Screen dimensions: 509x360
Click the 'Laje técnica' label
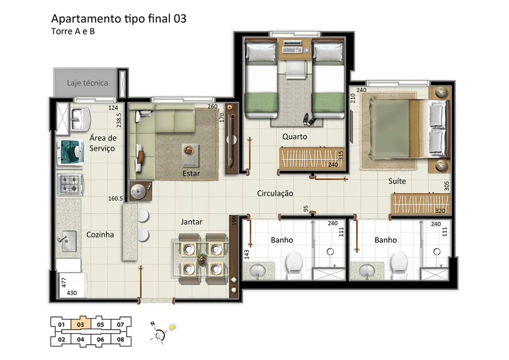click(x=87, y=83)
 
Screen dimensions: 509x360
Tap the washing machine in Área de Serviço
click(x=70, y=152)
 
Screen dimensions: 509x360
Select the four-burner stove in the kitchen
click(x=70, y=184)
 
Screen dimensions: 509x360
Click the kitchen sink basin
click(x=68, y=241)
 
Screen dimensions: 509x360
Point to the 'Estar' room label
click(x=191, y=174)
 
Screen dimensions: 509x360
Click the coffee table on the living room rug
click(x=190, y=155)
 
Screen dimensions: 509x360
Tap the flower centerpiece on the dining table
click(x=202, y=259)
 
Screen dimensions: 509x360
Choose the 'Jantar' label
click(x=191, y=222)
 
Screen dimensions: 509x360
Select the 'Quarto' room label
click(x=295, y=137)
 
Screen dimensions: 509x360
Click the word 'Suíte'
click(x=397, y=181)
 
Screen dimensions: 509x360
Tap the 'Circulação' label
click(x=275, y=193)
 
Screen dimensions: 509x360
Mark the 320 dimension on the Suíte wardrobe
click(x=440, y=211)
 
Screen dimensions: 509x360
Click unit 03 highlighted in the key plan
click(x=81, y=324)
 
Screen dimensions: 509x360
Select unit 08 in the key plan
click(x=120, y=340)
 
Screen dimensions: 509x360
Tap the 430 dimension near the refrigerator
click(x=72, y=293)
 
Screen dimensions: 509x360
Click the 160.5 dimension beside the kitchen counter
click(x=115, y=198)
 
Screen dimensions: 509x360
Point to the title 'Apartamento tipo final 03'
click(x=119, y=19)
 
